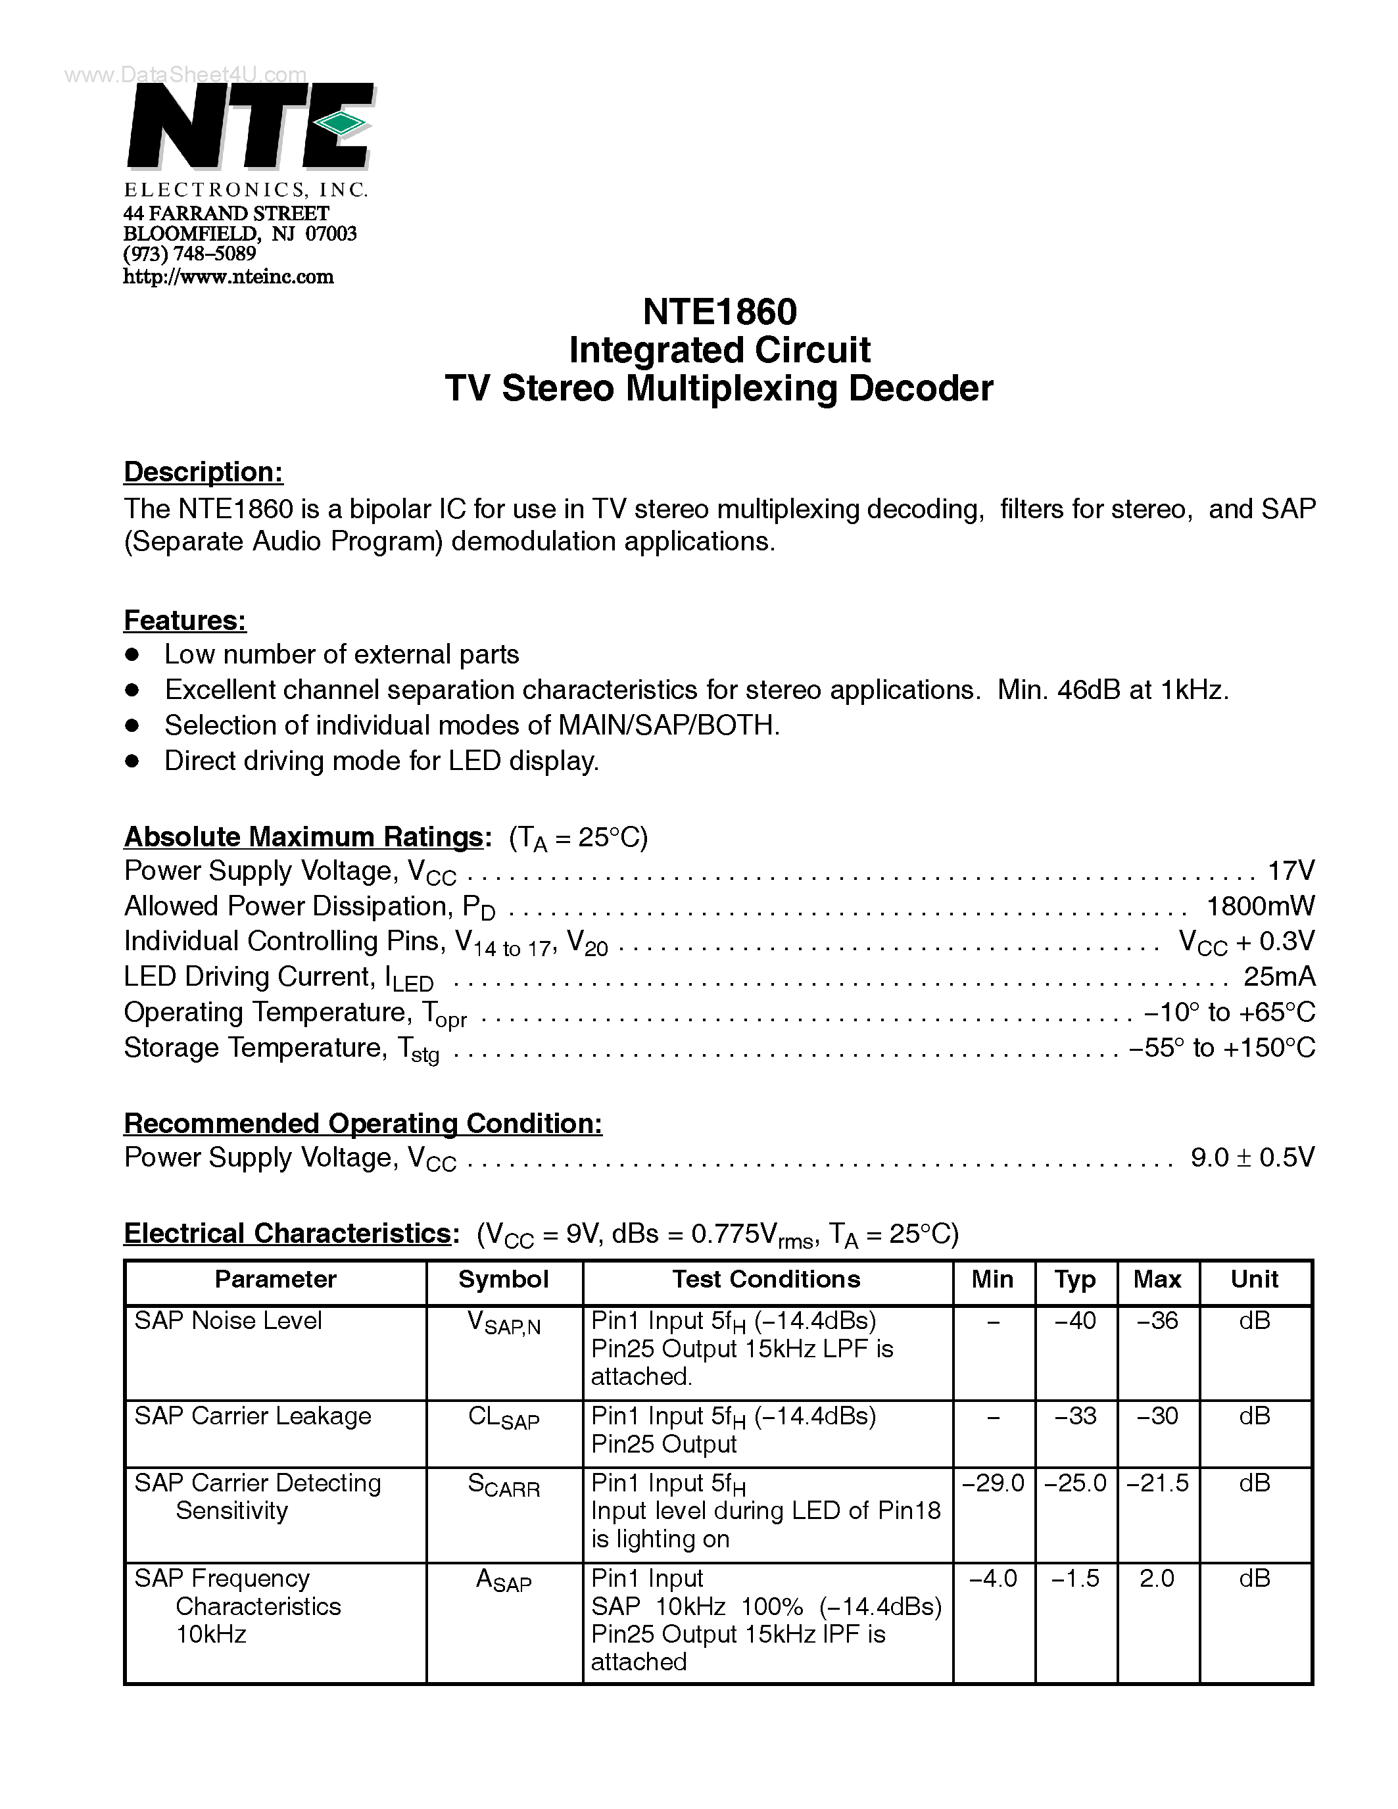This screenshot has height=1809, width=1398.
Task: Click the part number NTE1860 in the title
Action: tap(719, 312)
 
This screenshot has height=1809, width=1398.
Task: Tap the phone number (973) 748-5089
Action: tap(189, 254)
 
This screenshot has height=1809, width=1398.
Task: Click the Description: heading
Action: tap(203, 472)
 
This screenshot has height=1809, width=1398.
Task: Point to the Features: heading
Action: tap(185, 620)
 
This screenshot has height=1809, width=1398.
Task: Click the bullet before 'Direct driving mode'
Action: tap(132, 761)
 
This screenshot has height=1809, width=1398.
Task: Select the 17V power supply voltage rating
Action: tap(1290, 871)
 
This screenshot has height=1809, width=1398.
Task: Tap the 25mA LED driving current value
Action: tap(1279, 977)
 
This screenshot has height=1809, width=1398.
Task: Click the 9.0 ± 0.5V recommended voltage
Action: tap(1251, 1158)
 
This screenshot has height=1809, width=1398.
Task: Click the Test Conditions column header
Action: tap(766, 1280)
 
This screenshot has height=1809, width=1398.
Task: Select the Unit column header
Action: tap(1254, 1280)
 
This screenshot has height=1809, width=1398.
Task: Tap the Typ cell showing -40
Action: tap(1075, 1321)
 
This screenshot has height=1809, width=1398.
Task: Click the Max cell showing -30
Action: tap(1157, 1416)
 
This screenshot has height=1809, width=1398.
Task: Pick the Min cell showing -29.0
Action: tap(993, 1483)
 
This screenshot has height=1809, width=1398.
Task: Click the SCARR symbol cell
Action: tap(504, 1485)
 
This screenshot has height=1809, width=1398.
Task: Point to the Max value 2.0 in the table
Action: tap(1157, 1579)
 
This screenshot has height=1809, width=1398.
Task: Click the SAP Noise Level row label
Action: tap(228, 1321)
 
